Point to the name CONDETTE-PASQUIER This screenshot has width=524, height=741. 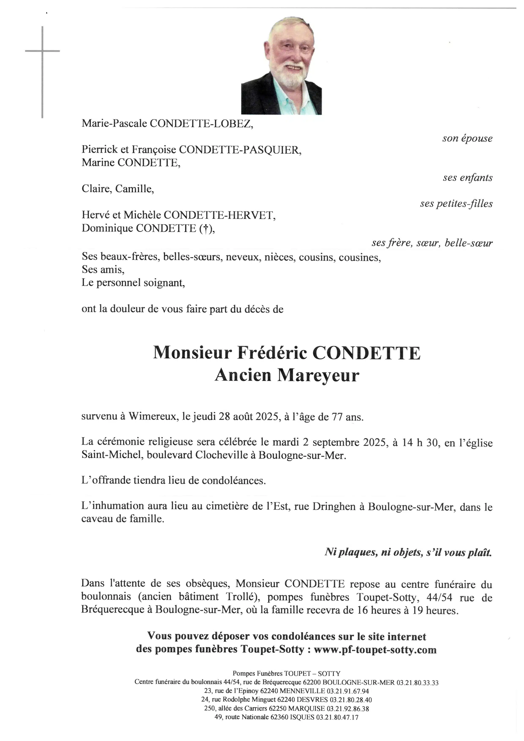tap(240, 150)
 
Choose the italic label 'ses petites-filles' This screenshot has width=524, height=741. tap(456, 204)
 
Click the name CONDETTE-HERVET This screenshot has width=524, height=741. tap(219, 215)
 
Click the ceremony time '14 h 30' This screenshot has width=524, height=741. tap(421, 443)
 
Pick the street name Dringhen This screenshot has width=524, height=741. tap(334, 507)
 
